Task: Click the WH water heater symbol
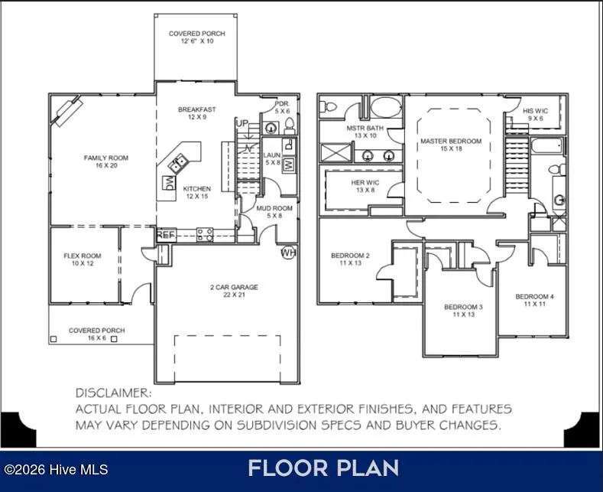coord(288,253)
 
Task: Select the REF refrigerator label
coord(166,234)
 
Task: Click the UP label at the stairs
coord(242,123)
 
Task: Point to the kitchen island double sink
coord(177,163)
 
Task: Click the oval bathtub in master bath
coord(386,106)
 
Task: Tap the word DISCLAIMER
coord(114,393)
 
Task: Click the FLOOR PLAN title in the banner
coord(323,468)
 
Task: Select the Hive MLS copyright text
coord(56,470)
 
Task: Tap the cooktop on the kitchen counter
coord(205,234)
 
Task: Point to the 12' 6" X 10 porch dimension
coord(197,41)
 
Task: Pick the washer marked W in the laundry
coord(289,165)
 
